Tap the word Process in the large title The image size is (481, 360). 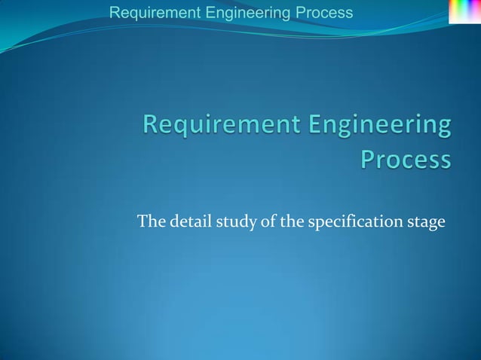click(406, 160)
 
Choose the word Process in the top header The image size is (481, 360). click(323, 13)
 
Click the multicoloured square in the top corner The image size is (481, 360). click(464, 11)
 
